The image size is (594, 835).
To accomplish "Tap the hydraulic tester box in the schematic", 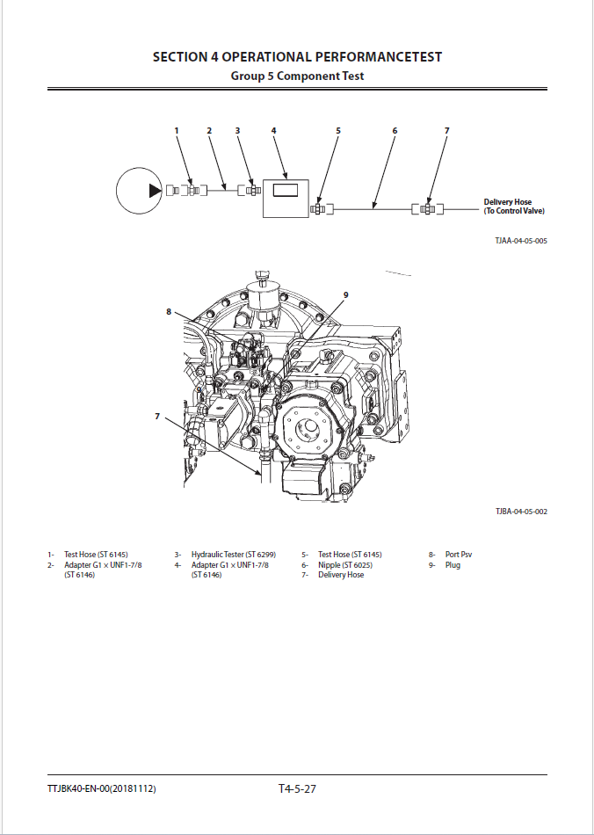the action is tap(286, 198).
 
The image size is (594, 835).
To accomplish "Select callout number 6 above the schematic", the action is tap(395, 130).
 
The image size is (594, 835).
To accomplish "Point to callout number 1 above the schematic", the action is tap(177, 130).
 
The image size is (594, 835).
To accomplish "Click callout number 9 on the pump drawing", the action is tap(345, 294).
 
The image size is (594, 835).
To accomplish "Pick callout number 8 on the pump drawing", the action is tap(169, 311).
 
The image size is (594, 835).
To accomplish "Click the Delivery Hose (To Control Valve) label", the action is tap(514, 206).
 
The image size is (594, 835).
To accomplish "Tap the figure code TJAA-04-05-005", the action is tap(521, 241).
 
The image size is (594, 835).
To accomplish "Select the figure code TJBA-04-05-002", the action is tap(521, 512).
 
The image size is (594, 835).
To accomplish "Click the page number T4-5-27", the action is tap(297, 788).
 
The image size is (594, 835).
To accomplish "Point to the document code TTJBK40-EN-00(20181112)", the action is tap(102, 788).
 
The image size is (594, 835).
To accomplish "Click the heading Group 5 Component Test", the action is tap(297, 76).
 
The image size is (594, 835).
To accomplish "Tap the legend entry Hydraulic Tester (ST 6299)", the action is tap(234, 555).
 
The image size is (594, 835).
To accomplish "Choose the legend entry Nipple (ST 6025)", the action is tap(345, 565).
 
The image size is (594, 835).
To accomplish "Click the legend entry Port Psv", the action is tap(459, 555).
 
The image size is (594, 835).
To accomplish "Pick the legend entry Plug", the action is tap(453, 565).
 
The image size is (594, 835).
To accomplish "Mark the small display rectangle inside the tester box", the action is tap(286, 189).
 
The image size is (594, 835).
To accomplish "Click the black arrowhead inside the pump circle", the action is tap(155, 190).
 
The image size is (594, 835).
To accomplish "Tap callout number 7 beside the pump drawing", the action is tap(157, 417).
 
